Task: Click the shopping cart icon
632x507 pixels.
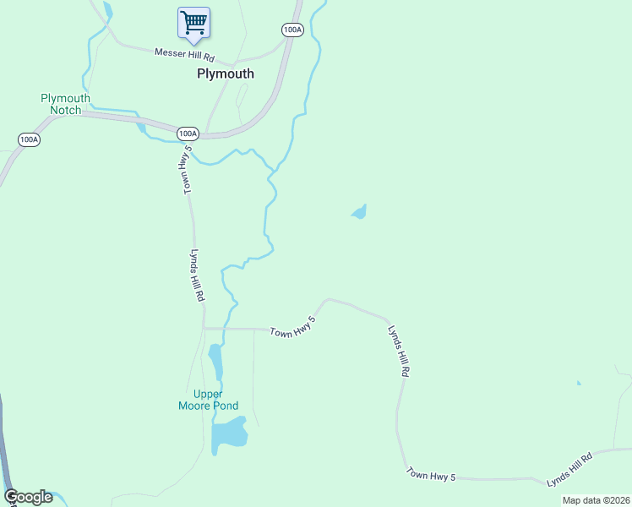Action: (193, 22)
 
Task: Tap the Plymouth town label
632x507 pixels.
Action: (225, 74)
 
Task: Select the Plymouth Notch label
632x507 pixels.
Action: (65, 104)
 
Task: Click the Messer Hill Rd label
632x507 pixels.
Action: (184, 55)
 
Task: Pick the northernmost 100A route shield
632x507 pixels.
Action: (292, 30)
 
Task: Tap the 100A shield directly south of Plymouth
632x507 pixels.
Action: (188, 134)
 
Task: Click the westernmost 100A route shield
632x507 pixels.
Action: (29, 139)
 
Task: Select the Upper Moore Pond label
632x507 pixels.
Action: (209, 400)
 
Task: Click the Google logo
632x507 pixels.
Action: (29, 497)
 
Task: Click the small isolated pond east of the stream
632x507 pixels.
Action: (360, 211)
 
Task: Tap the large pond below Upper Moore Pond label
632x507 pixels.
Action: (229, 434)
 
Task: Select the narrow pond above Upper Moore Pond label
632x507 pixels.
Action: (215, 362)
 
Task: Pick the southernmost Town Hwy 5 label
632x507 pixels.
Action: (431, 475)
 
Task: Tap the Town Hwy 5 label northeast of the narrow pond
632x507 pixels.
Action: (293, 327)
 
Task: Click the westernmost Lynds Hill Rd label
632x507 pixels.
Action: (197, 275)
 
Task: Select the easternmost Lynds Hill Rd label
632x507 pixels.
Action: (569, 469)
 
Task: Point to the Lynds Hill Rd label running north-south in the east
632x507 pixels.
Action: (399, 350)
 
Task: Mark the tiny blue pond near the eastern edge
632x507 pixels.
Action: (579, 384)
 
